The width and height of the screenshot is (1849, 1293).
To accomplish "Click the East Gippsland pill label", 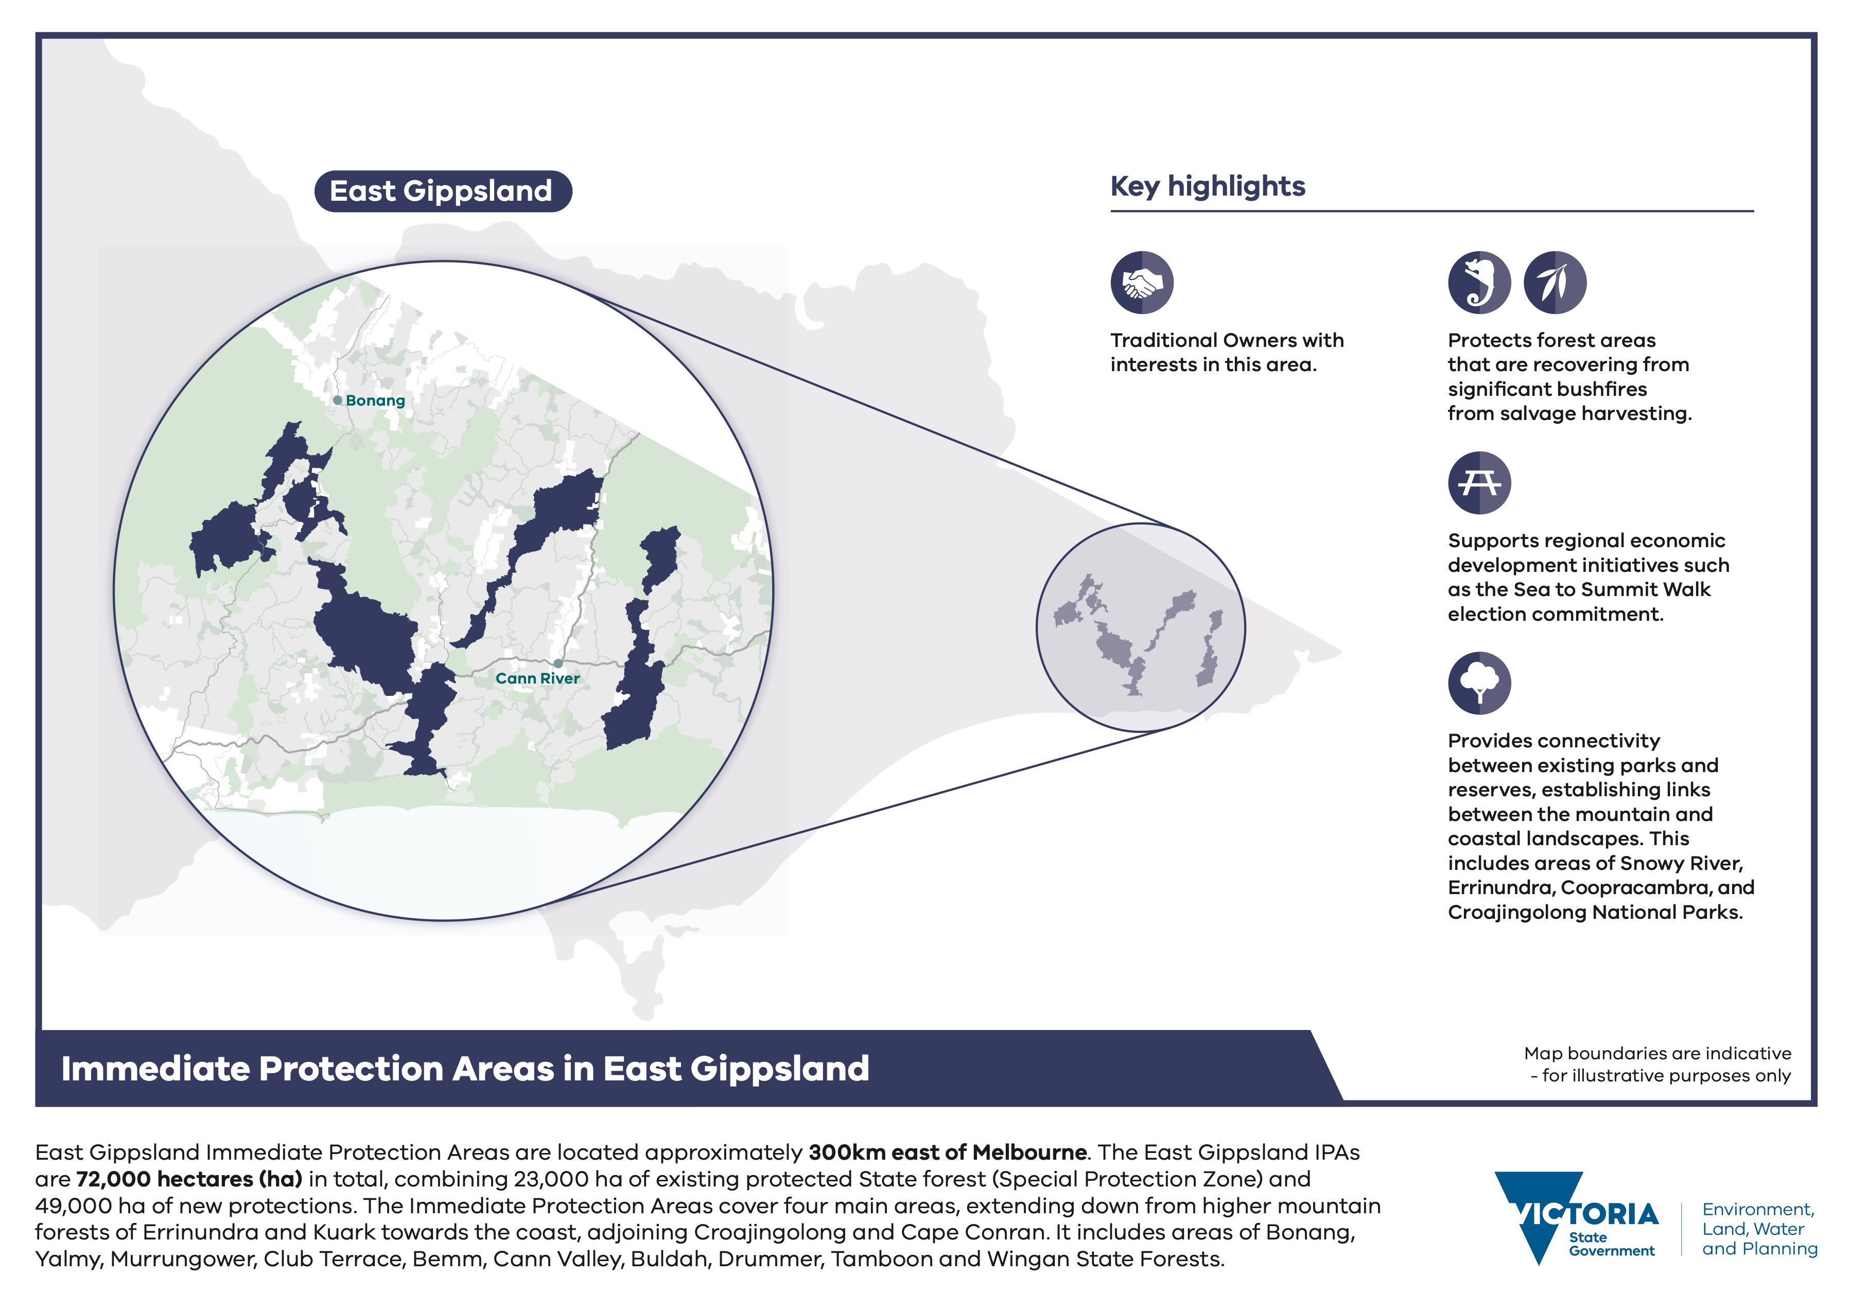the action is click(443, 191).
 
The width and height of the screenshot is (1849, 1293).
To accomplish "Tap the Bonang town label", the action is click(375, 400).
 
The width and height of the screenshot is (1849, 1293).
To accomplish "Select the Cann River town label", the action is click(537, 679).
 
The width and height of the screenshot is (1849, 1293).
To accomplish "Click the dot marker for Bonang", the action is click(338, 400).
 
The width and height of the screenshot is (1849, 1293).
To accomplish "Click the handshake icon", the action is click(1142, 282).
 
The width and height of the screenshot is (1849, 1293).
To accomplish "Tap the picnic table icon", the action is click(1479, 483).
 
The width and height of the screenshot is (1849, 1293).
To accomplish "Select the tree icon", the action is click(1479, 683).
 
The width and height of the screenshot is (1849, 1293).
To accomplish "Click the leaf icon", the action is click(1555, 282).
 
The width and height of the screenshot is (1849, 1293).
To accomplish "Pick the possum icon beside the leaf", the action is click(1479, 282).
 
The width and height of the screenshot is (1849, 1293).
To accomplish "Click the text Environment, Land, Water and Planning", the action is click(1759, 1229).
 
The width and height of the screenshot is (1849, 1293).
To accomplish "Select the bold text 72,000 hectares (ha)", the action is click(189, 1179).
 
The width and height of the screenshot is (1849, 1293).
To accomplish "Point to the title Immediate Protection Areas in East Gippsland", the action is click(465, 1069).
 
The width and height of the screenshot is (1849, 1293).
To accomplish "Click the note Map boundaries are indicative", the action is click(1658, 1054).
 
